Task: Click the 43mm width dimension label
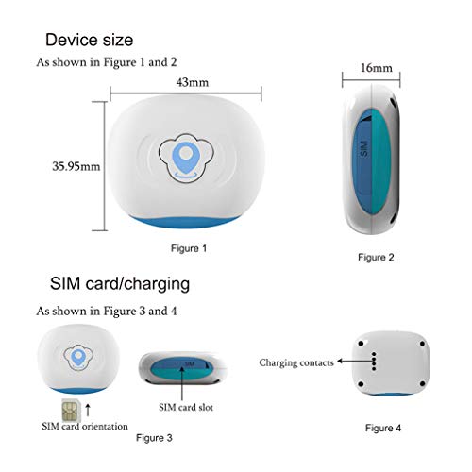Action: pos(193,82)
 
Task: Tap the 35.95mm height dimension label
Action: pos(76,166)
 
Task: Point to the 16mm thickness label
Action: pos(377,68)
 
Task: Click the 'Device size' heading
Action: pos(90,40)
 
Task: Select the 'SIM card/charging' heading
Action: pos(120,283)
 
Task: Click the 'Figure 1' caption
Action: pos(189,248)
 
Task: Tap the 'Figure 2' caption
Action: pos(376,258)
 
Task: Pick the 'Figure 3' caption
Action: pos(154,438)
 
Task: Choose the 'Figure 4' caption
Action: pos(383,428)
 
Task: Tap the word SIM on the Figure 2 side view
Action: pos(363,149)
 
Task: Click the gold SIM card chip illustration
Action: pos(71,411)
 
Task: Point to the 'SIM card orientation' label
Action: pos(85,427)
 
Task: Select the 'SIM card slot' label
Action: pos(186,408)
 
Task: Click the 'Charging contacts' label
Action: pos(296,362)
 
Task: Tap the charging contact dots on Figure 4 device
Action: pos(374,362)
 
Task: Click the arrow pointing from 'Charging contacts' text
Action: pos(354,362)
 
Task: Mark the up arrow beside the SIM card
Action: pos(88,410)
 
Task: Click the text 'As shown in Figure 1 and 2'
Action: pos(107,62)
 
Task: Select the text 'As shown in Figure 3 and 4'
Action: pos(107,312)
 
